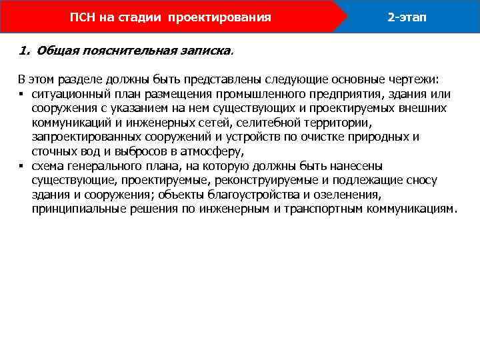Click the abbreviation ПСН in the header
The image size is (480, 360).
[83, 17]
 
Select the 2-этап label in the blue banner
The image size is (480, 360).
[407, 17]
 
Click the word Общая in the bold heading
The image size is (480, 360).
[55, 51]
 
